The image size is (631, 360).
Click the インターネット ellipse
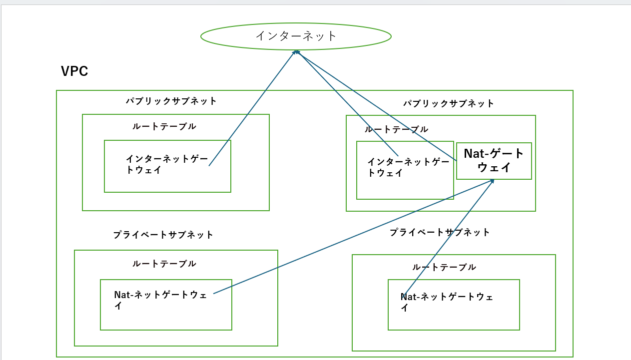(296, 36)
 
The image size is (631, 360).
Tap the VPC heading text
(74, 71)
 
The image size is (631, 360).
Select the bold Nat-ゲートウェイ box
(494, 161)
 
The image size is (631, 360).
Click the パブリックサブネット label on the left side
(171, 101)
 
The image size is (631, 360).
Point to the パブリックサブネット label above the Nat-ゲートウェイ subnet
(449, 103)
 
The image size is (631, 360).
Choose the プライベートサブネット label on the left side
(163, 235)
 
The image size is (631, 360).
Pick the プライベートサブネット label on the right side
(440, 232)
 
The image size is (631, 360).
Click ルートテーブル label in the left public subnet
(164, 126)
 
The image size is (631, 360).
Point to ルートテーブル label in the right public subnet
(396, 129)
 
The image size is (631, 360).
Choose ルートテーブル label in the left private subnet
(164, 264)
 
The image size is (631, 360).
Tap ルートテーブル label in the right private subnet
(444, 267)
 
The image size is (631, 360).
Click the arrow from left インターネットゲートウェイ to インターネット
(252, 108)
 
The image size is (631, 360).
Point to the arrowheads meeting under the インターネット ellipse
(296, 52)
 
